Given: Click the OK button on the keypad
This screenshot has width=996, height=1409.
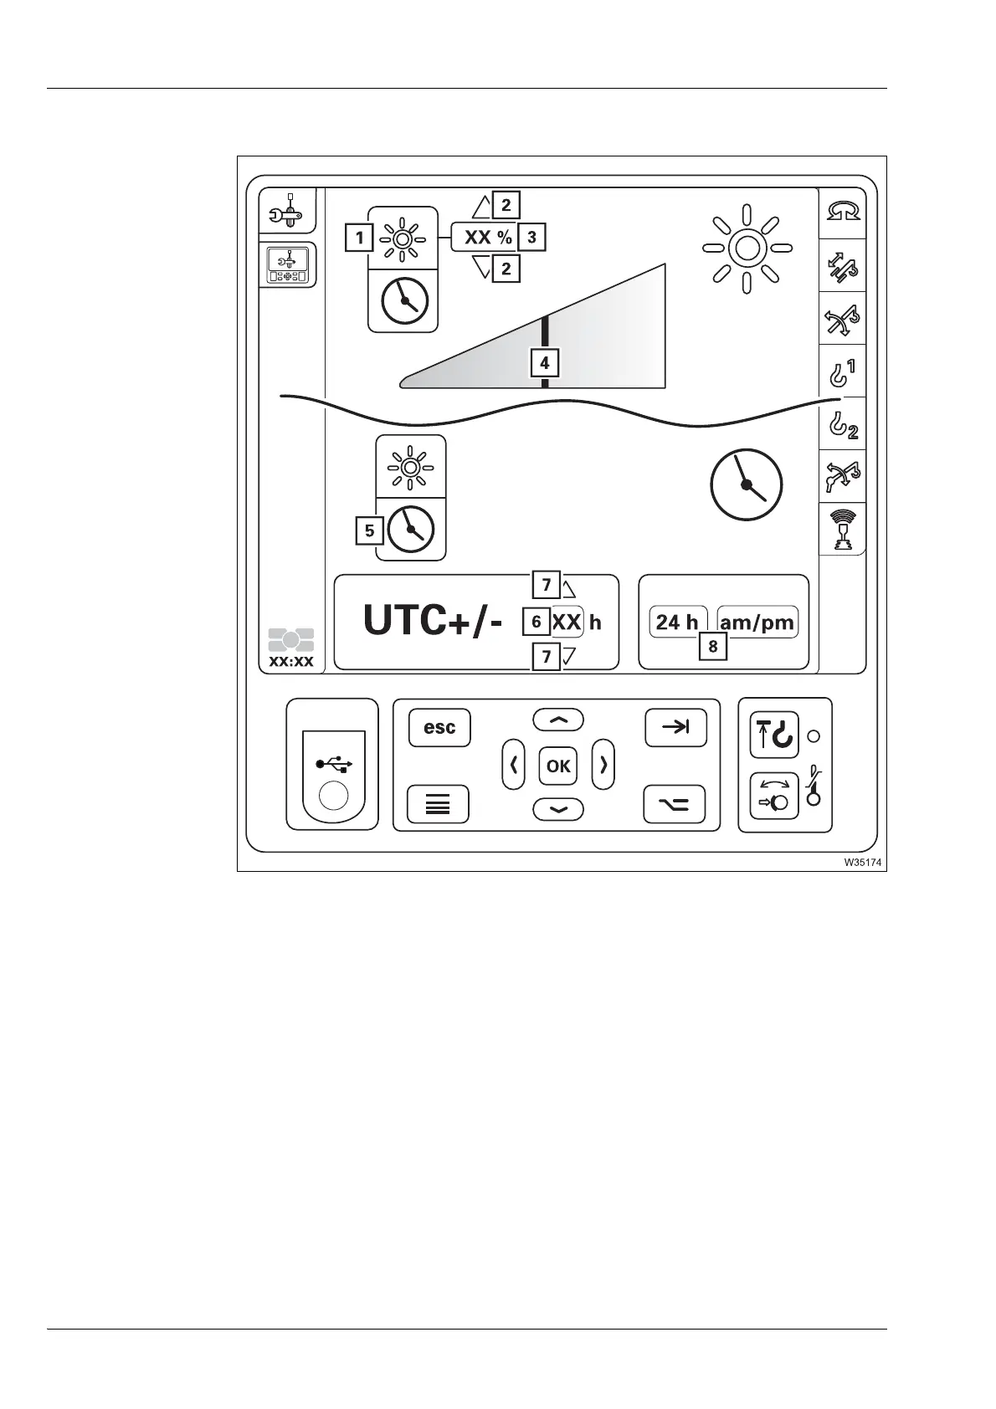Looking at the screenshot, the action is (558, 765).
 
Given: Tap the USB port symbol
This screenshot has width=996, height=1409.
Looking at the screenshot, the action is (334, 763).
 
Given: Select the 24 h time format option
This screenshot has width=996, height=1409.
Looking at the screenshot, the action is (678, 622).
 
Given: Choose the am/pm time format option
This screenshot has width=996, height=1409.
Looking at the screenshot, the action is (757, 622).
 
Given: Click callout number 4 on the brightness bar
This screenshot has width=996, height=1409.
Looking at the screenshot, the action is (544, 363).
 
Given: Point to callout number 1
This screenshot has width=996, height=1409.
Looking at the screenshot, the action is (360, 238).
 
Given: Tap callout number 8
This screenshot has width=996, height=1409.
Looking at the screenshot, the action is (713, 646).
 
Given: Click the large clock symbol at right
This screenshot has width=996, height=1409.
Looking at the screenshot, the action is (746, 485).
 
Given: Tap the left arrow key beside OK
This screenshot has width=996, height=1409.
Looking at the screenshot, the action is (512, 765).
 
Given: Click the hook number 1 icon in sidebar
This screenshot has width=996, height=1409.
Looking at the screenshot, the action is (842, 370).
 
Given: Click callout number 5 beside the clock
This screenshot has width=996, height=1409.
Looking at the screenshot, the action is (369, 530).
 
